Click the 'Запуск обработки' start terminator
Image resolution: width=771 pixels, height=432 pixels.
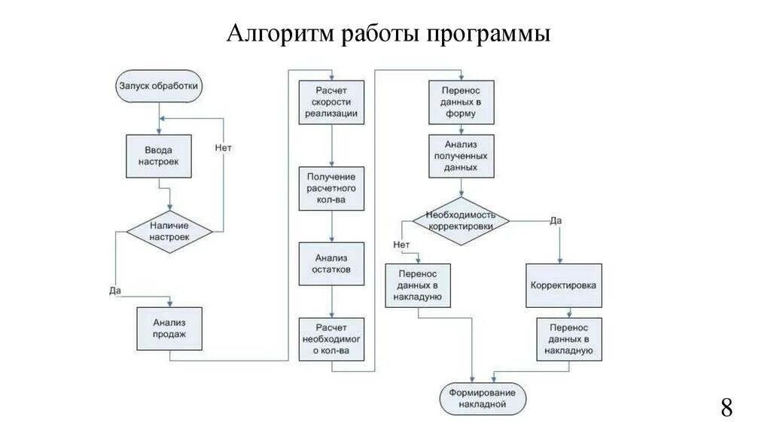tap(159, 86)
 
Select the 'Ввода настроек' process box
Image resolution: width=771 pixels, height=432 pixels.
tap(159, 156)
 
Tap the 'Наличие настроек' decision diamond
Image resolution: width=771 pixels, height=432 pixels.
tap(169, 230)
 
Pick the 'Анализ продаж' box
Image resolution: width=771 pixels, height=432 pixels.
tap(169, 328)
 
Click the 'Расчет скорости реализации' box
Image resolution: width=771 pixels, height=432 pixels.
tap(331, 102)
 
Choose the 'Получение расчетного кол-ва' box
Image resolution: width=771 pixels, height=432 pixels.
tap(331, 188)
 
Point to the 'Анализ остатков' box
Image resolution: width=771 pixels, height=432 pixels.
tap(331, 263)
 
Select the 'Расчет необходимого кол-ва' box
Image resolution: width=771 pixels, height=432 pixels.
tap(331, 339)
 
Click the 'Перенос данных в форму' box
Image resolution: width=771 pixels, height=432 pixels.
tap(462, 102)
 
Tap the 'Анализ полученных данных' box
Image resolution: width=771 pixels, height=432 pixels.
tap(462, 156)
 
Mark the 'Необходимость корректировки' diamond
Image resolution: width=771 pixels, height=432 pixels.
tap(461, 221)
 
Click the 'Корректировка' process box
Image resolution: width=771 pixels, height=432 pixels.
tap(563, 286)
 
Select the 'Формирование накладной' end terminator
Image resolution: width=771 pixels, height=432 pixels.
tap(483, 399)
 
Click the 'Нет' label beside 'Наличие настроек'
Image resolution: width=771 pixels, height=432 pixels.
tap(223, 148)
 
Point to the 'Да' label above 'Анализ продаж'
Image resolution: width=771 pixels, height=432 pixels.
tap(115, 289)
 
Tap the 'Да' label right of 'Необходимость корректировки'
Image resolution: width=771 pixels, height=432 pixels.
tap(556, 220)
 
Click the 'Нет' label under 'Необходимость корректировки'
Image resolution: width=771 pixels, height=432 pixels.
tap(401, 244)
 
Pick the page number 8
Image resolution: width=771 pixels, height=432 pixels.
tap(726, 408)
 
